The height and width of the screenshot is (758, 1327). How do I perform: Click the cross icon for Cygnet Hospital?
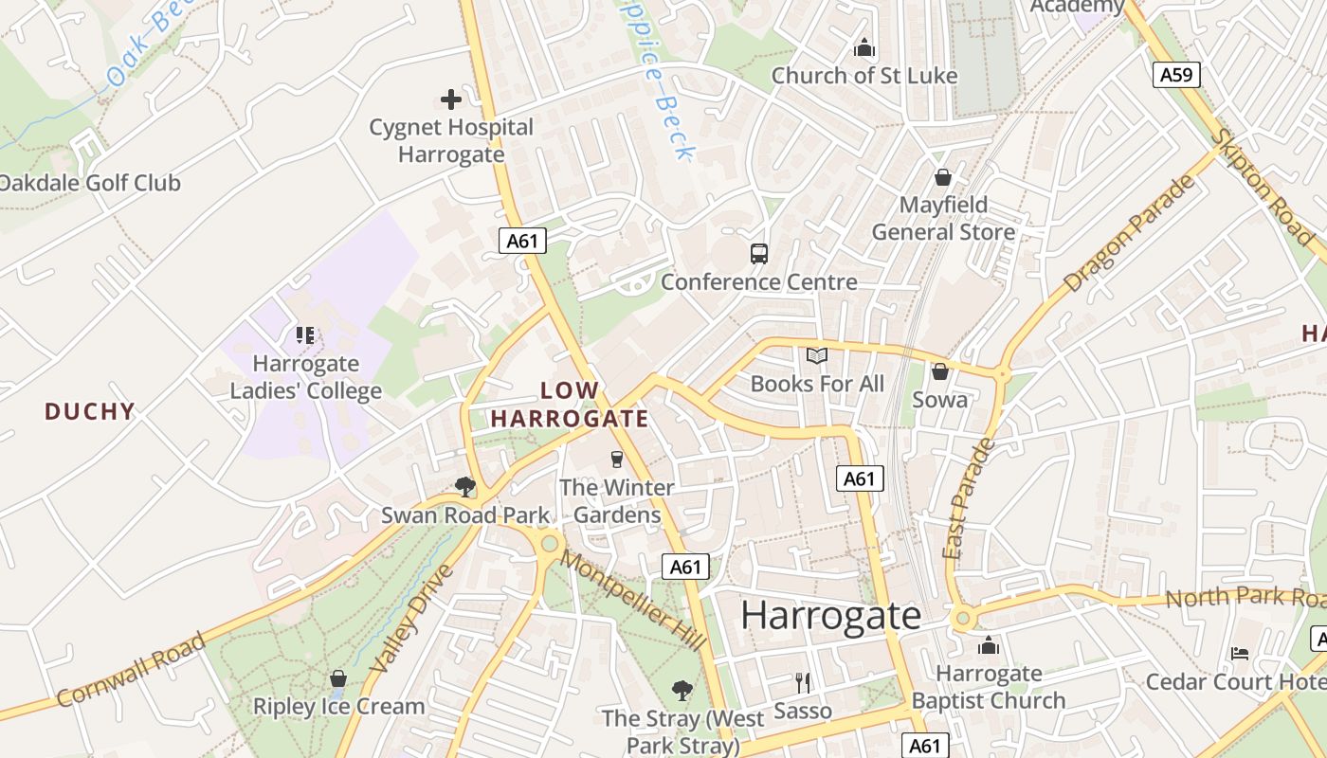coord(451,99)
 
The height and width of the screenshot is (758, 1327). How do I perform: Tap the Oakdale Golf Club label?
coord(89,183)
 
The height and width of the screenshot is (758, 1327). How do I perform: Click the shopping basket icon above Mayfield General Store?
coord(943,176)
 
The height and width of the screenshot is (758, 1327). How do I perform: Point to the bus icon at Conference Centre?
coord(759,253)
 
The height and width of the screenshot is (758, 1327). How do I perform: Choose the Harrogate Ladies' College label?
coord(306,377)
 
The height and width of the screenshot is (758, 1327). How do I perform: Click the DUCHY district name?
coord(90,411)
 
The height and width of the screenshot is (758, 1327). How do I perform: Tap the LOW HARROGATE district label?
coord(570,405)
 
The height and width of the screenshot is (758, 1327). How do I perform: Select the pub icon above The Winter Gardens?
coord(617,460)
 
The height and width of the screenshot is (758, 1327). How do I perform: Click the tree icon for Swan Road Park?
coord(464,487)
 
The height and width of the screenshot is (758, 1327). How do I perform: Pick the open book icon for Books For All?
coord(817,355)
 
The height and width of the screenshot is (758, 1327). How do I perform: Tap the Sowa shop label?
coord(940,399)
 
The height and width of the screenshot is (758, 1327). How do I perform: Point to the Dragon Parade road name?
coord(1129,234)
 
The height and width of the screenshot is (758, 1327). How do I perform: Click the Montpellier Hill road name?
coord(632,599)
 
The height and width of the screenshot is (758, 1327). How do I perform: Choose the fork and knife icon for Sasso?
coord(803,682)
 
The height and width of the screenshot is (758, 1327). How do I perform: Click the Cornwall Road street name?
coord(131,670)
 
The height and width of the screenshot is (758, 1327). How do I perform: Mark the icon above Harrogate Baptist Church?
coord(989,646)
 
